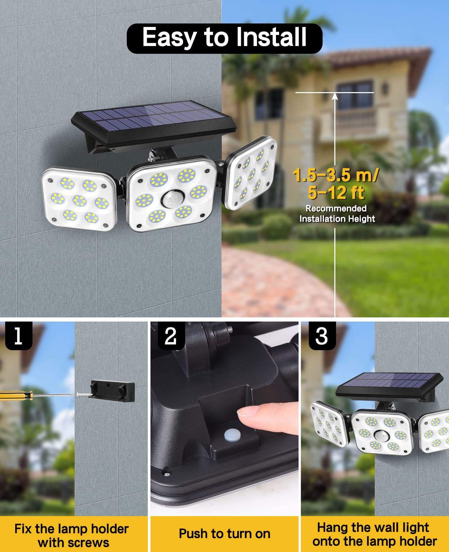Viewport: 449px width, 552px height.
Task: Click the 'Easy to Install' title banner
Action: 224,38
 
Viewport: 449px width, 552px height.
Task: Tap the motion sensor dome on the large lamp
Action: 173,200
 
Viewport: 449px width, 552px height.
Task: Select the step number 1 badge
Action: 19,336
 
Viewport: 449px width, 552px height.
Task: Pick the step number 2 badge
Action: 171,336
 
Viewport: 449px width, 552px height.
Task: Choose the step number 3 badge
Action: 322,336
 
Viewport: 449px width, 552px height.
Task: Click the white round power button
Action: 231,434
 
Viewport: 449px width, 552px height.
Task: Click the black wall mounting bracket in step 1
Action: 112,391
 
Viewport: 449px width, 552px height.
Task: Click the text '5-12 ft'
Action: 336,193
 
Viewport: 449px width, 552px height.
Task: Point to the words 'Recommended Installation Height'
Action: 337,214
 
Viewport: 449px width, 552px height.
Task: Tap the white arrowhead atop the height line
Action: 335,96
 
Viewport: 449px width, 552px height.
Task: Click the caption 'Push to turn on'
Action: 224,534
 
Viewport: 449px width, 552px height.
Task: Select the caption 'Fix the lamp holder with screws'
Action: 72,535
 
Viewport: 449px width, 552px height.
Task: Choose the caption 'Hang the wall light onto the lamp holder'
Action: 374,534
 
